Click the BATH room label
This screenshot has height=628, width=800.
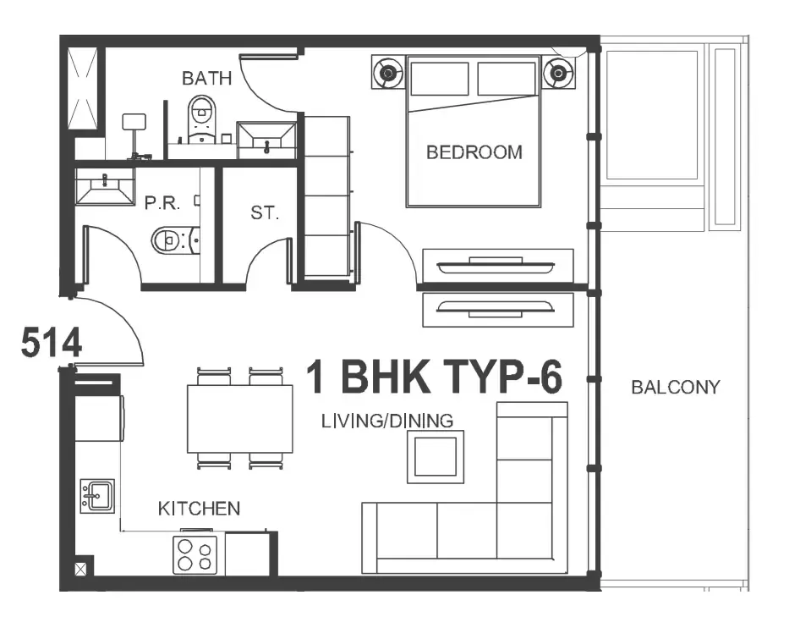[206, 78]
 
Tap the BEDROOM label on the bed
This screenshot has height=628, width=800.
[474, 152]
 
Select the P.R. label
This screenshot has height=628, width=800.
[162, 203]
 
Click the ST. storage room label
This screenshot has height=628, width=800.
[265, 212]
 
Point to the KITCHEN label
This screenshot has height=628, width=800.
[199, 509]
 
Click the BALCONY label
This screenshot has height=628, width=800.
[676, 387]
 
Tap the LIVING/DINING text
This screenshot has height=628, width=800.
[387, 421]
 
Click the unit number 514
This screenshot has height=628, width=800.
[51, 342]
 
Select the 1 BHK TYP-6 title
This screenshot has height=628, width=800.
[434, 377]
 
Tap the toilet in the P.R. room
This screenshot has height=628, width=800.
[176, 239]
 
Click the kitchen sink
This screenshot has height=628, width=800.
[97, 496]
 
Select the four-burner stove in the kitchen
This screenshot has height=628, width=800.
[195, 555]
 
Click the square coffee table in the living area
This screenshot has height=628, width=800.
[436, 456]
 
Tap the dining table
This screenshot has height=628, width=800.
[240, 419]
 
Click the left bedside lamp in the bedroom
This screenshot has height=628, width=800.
[388, 74]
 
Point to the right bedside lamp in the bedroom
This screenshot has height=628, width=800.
[558, 74]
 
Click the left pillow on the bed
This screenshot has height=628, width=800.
[439, 78]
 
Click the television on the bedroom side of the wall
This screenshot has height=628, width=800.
[496, 266]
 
